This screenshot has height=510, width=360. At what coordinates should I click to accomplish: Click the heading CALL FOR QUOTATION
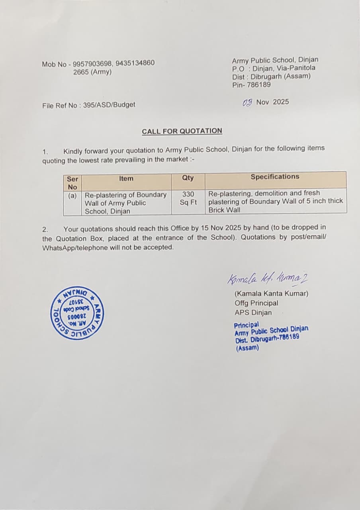pos(182,131)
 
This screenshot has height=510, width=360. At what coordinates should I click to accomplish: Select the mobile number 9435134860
pos(135,63)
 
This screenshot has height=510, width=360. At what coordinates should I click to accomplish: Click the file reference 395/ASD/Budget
pos(109,105)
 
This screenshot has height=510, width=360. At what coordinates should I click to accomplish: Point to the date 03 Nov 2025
pos(266,102)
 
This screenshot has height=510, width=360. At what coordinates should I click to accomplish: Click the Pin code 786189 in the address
pos(260,84)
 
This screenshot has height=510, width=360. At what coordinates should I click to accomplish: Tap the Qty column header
pos(188,178)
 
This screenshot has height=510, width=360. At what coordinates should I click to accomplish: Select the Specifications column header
pos(275,177)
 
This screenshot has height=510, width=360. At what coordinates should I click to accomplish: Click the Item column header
pos(126,178)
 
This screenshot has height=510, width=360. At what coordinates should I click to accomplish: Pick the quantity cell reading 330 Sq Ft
pos(188,198)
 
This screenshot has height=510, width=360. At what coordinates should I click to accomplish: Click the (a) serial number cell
pos(72,196)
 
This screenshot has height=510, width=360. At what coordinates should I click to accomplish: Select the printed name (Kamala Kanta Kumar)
pos(271,294)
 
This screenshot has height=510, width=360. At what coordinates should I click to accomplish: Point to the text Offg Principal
pos(256,303)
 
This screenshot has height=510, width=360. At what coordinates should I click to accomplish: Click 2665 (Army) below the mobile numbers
pos(92,72)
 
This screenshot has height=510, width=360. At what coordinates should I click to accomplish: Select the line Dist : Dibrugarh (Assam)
pos(271,76)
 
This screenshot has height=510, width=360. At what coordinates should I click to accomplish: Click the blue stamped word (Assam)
pos(247,348)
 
